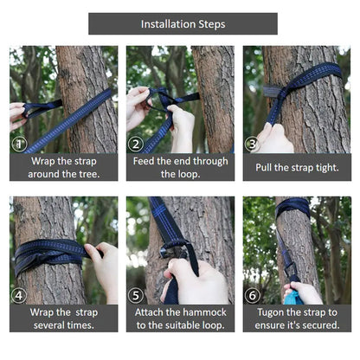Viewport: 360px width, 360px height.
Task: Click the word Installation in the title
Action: click(164, 24)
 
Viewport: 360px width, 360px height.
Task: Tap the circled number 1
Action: click(19, 144)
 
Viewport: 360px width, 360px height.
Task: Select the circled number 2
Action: click(136, 144)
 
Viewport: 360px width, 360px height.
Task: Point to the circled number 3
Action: click(252, 144)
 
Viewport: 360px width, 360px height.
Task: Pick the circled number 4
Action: click(19, 295)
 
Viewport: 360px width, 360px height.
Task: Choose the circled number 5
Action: click(136, 295)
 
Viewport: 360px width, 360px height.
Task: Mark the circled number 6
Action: click(252, 295)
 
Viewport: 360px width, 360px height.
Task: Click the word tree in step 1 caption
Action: click(88, 174)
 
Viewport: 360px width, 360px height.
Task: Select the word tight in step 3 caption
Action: click(327, 168)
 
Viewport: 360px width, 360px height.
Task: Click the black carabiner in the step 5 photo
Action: click(172, 250)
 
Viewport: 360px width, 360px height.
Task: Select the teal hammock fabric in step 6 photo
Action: click(292, 297)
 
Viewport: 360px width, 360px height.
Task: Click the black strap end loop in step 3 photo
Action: click(273, 91)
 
